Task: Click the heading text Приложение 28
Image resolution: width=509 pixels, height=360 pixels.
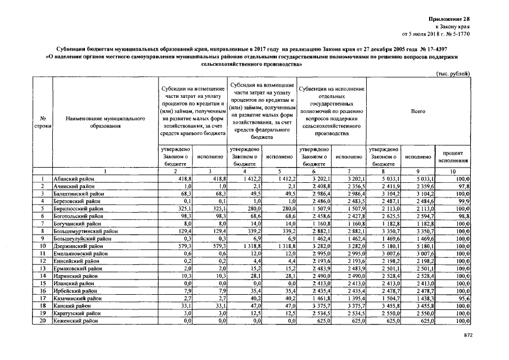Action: click(x=451, y=19)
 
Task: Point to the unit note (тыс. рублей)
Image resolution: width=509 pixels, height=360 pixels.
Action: click(x=452, y=74)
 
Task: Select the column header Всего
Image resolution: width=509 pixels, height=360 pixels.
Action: click(x=418, y=111)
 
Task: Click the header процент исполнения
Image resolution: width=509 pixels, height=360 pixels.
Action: click(x=453, y=156)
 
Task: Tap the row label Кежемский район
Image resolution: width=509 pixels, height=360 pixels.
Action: click(x=76, y=320)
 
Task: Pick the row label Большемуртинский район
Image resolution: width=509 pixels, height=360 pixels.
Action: click(x=85, y=231)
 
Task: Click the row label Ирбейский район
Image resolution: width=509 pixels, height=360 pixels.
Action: click(x=75, y=290)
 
